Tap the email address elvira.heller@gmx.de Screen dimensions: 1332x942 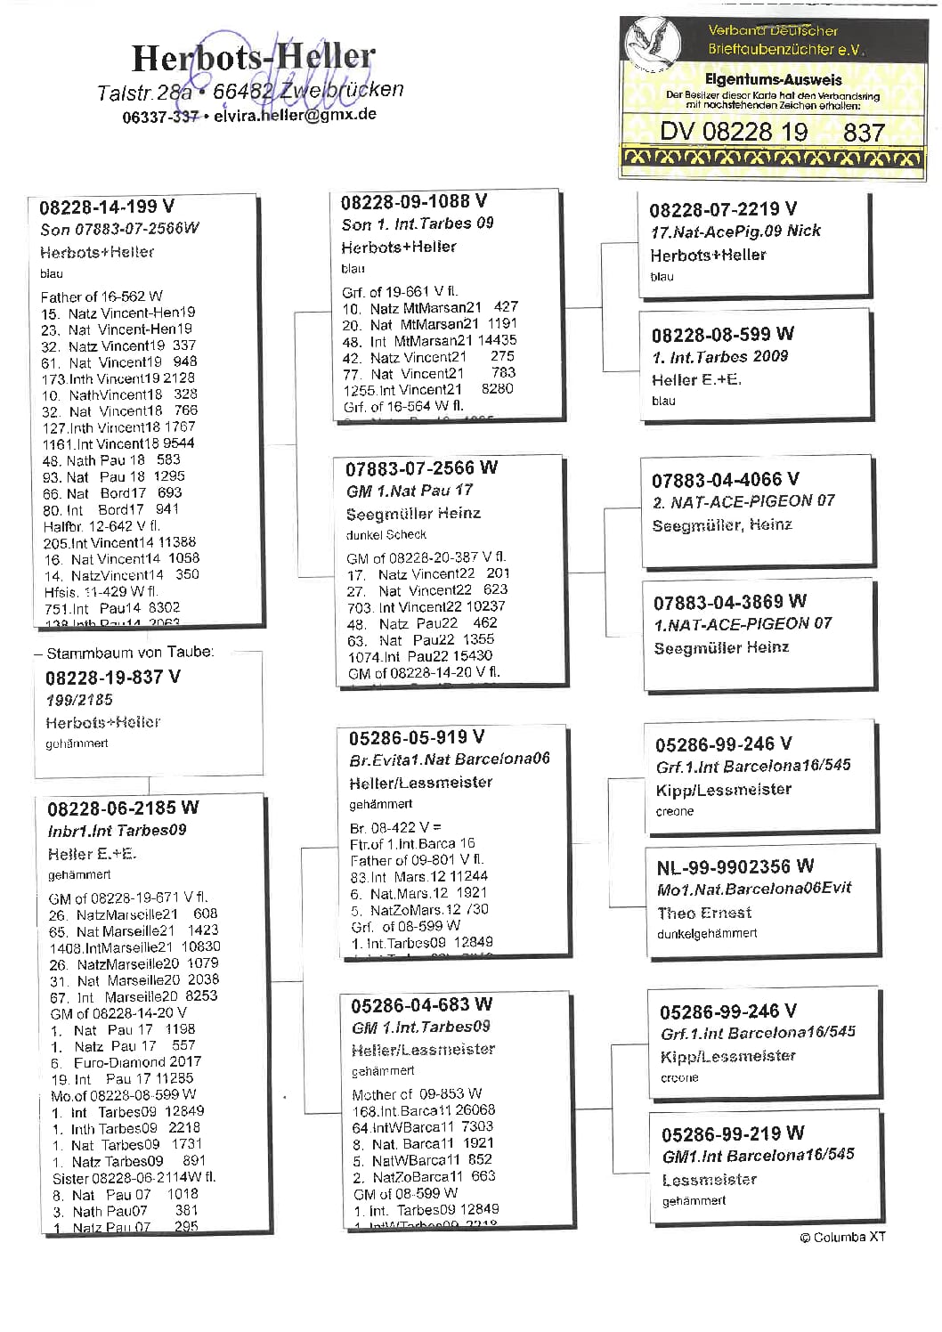pos(295,115)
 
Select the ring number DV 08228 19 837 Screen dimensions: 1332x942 pos(771,133)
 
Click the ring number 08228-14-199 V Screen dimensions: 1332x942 pos(107,207)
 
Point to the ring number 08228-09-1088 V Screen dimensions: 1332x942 pos(413,202)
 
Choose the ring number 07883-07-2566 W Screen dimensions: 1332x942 pos(421,467)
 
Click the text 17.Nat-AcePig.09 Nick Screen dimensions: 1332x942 pos(735,231)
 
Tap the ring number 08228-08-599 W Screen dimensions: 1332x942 pos(722,335)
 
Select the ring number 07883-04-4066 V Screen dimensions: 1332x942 pos(725,480)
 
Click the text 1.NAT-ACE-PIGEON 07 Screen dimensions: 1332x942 pos(743,624)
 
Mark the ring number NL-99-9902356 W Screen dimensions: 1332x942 pos(735,867)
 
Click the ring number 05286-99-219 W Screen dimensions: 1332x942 pos(732,1133)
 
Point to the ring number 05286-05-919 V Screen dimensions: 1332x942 pos(416,737)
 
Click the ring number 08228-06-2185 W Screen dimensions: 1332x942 pos(123,808)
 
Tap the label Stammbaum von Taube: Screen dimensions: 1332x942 pos(130,653)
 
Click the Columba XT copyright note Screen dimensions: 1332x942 pos(842,1237)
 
